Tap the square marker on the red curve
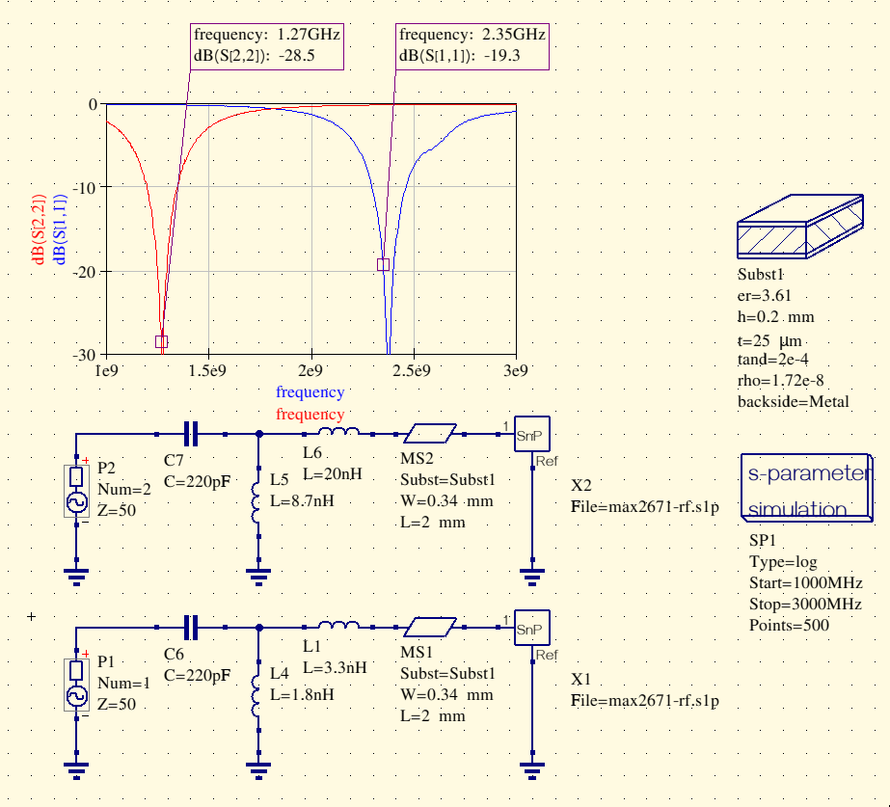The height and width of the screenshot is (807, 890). [162, 341]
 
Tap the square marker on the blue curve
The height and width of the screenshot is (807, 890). [383, 264]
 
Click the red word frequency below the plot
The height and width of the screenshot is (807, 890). [310, 415]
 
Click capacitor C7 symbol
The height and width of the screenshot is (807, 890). [191, 435]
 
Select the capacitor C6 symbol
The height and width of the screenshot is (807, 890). [191, 627]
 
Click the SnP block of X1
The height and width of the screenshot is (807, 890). [530, 629]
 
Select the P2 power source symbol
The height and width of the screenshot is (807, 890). [75, 491]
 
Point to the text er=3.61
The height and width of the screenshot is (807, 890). [765, 296]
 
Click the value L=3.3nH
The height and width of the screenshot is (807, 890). [335, 666]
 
